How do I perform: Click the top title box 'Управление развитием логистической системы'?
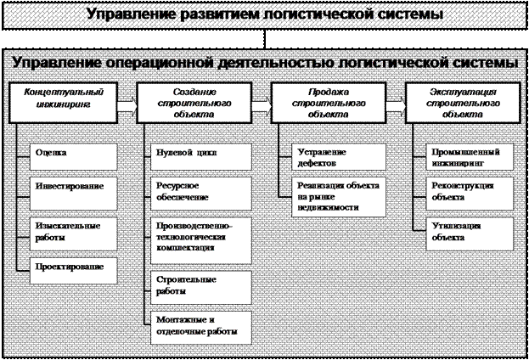[x=265, y=15]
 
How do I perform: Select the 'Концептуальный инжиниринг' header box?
[x=63, y=103]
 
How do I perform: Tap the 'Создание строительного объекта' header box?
[x=194, y=103]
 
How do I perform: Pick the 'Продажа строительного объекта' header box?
[x=329, y=103]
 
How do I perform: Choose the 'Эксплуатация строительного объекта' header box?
[x=463, y=103]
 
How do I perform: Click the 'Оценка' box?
[x=74, y=157]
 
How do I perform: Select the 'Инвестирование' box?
[x=74, y=194]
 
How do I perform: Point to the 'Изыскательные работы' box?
[x=74, y=233]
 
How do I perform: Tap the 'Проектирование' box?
[x=74, y=271]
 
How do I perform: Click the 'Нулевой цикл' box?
[x=201, y=157]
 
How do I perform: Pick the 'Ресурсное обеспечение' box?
[x=201, y=194]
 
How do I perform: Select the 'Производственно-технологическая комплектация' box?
[x=201, y=240]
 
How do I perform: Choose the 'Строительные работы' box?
[x=201, y=288]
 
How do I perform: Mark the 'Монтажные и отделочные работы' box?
[x=201, y=328]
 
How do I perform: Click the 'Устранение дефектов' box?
[x=339, y=157]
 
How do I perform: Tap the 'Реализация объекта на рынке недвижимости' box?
[x=339, y=197]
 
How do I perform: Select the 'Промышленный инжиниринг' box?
[x=470, y=157]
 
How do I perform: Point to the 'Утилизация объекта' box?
[x=470, y=233]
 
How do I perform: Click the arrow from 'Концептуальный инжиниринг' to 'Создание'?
[x=127, y=106]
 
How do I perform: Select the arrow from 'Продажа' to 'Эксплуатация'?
[x=396, y=106]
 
